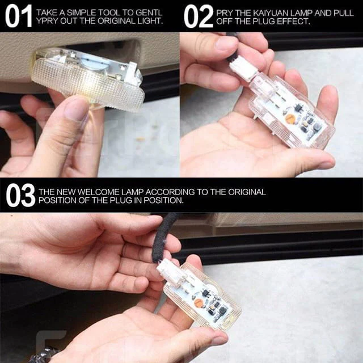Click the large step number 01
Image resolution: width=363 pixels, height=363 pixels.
tap(19, 16)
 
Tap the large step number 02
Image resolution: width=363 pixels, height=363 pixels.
tap(199, 16)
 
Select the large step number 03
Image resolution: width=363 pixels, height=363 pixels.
tap(20, 195)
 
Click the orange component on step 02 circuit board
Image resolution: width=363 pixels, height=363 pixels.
tap(290, 119)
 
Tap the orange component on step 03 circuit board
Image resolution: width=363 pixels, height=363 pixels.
tap(199, 303)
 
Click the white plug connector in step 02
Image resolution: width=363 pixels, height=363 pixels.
tap(242, 69)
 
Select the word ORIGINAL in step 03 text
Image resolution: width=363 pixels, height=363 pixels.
tap(247, 192)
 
